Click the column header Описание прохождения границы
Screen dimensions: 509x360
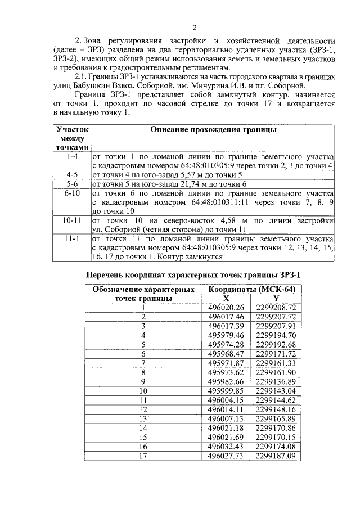pyautogui.click(x=213, y=130)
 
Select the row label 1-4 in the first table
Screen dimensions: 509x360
pyautogui.click(x=71, y=156)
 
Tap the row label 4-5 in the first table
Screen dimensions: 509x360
pyautogui.click(x=71, y=174)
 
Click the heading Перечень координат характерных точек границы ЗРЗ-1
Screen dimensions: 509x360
pyautogui.click(x=193, y=275)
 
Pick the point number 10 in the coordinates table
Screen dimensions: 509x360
pyautogui.click(x=143, y=391)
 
